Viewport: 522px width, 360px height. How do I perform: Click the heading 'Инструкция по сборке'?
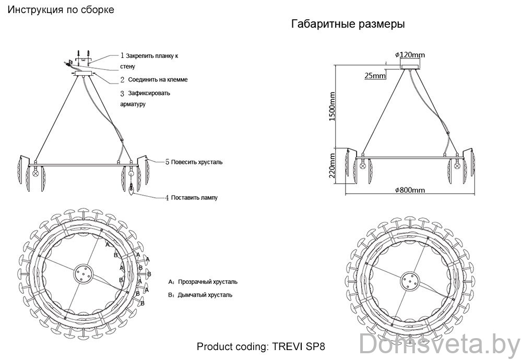pos(62,10)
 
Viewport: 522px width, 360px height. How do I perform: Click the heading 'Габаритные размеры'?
pos(348,25)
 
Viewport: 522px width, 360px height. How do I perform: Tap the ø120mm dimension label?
pos(410,55)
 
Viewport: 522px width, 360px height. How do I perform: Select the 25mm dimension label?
pos(375,76)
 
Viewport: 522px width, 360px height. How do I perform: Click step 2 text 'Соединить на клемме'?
pos(158,80)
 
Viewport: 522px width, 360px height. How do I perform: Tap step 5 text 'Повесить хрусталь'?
pos(196,162)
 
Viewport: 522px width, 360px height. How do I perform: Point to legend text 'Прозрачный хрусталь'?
pos(207,282)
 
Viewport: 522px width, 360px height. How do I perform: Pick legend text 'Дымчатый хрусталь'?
pos(205,295)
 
